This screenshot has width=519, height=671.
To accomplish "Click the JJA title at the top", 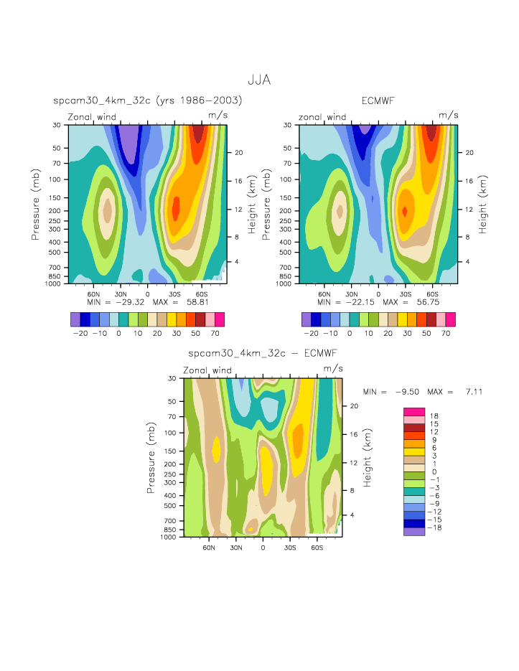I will coord(259,80).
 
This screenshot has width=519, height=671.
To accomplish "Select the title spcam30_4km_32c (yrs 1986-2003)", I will coord(148,100).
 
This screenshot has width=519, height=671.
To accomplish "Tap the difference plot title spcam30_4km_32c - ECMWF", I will coord(262,353).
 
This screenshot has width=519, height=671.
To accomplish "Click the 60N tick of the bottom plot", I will coord(209,546).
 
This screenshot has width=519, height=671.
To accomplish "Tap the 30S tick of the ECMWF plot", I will coord(406,294).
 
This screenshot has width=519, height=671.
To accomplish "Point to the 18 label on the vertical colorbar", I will coord(434,416).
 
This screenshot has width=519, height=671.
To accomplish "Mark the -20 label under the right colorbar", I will coord(312,334).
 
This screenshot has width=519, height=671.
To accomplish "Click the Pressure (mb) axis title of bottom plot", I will coord(151,457).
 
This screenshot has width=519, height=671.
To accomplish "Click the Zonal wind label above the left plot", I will coord(97,117).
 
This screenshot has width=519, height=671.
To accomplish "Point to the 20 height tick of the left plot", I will coord(237,152).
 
